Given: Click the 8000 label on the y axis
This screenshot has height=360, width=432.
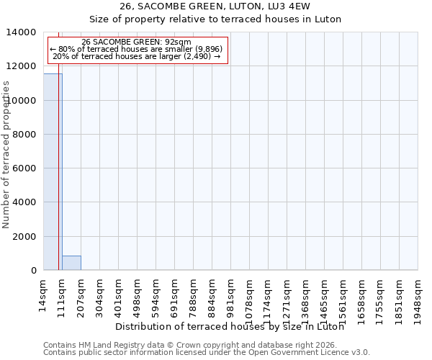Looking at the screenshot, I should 25,135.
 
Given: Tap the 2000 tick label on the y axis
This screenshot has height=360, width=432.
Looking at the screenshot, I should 25,237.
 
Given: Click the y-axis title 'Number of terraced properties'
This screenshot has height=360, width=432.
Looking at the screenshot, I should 6,154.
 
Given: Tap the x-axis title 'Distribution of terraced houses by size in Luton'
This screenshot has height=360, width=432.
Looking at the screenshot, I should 230,326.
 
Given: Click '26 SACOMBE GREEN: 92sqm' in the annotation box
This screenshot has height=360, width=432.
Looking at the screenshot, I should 137,42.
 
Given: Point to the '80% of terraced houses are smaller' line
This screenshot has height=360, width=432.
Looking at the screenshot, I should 137,49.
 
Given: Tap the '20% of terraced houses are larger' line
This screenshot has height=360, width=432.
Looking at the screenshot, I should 137,56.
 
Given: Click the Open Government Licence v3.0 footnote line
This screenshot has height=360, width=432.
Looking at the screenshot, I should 207,353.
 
